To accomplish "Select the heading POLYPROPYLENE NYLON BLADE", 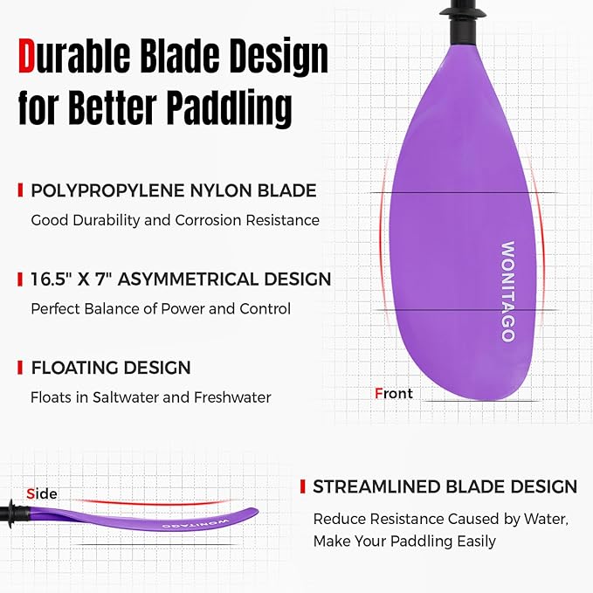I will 174,190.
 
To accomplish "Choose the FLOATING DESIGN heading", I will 111,368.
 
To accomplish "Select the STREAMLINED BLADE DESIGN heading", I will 445,486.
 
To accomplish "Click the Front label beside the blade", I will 393,393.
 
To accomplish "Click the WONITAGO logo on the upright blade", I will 507,291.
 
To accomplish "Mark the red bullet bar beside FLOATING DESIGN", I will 20,368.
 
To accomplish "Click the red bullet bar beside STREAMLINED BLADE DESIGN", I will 302,486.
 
